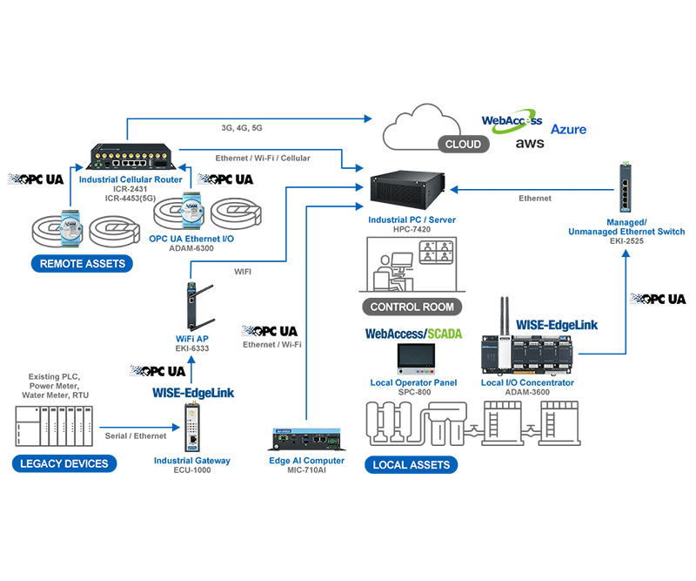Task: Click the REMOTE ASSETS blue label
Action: coord(82,263)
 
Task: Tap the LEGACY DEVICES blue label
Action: coord(64,463)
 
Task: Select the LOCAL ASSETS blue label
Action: coord(411,464)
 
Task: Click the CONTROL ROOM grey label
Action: coord(412,307)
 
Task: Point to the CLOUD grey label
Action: coord(463,144)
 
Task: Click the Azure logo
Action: coord(568,129)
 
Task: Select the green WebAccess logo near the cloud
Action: coord(512,121)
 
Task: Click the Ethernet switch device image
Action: coord(625,189)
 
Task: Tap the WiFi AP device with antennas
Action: coord(190,305)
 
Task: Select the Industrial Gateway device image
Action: coord(191,429)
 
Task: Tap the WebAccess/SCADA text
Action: coord(413,333)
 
